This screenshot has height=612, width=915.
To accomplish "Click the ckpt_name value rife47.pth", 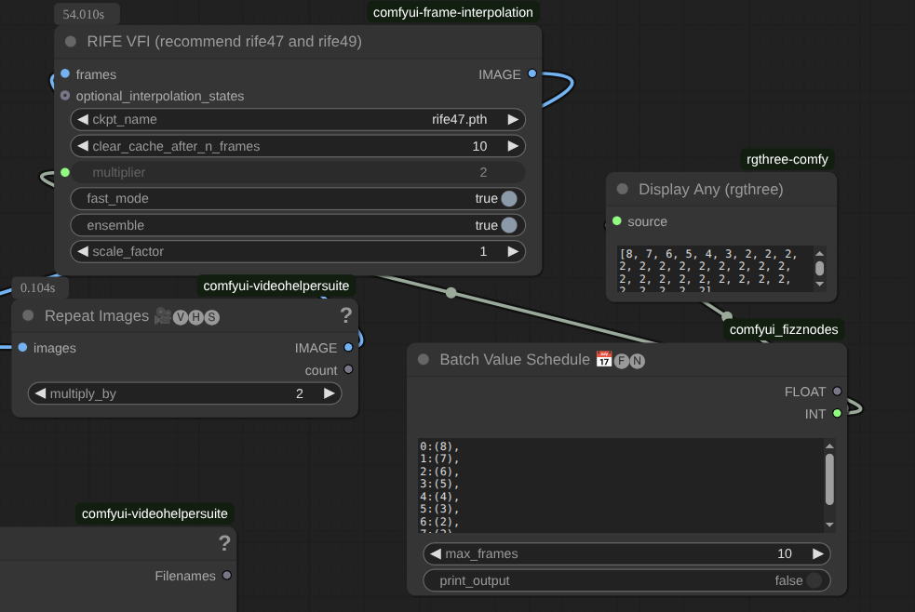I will click(459, 119).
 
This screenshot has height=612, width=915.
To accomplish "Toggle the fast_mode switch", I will click(509, 198).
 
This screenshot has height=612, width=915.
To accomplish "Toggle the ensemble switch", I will click(509, 225).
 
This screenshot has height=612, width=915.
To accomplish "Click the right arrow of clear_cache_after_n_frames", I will click(512, 146).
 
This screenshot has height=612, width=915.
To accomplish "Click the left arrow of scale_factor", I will click(82, 251).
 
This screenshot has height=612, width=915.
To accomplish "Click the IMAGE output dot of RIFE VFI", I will click(532, 74).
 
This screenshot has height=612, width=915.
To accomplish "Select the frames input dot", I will click(65, 74).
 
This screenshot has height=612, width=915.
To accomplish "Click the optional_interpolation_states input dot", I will click(65, 96).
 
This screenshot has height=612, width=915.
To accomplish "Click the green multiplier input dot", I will click(65, 172).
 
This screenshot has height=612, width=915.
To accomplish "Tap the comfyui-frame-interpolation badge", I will click(453, 12).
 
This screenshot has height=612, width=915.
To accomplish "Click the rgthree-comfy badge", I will click(787, 159).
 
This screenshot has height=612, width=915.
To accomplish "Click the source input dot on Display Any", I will click(617, 221).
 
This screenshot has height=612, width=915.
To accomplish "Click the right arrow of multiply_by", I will click(329, 393).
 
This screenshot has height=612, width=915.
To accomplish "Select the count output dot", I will click(348, 370).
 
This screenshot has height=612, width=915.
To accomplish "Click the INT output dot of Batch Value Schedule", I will click(837, 414).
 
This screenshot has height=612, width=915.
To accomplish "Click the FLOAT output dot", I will click(837, 392).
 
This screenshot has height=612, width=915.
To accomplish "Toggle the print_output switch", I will click(814, 580).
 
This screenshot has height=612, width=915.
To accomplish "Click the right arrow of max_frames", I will click(817, 553).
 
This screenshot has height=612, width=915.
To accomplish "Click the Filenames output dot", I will click(226, 576).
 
